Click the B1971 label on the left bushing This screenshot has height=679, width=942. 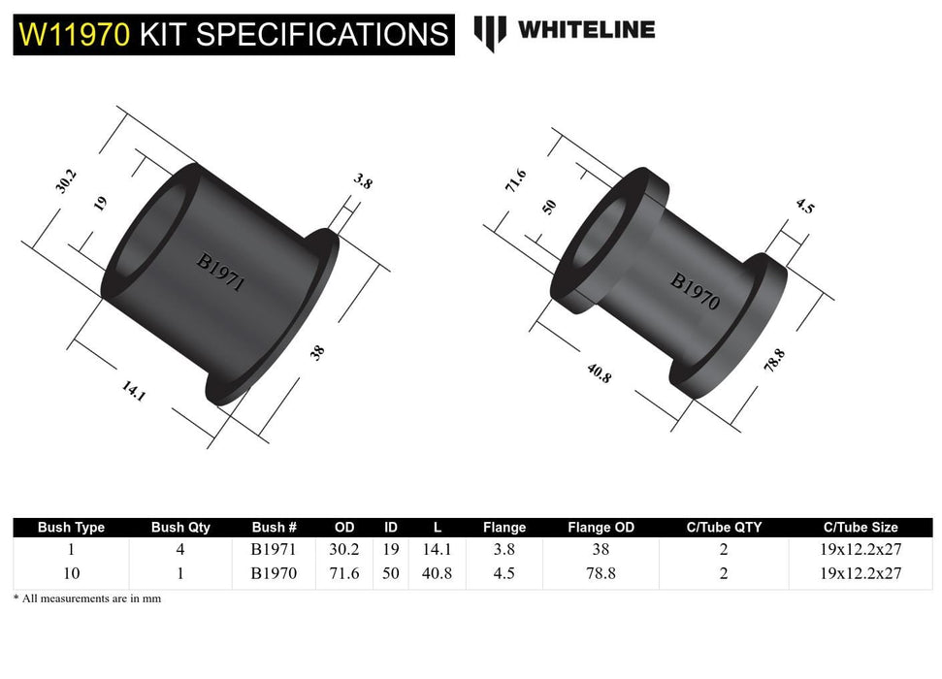pyautogui.click(x=219, y=273)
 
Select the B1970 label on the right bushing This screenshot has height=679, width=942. pyautogui.click(x=695, y=291)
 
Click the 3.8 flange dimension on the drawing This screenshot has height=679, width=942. pyautogui.click(x=363, y=180)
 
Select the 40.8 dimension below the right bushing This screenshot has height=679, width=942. pyautogui.click(x=598, y=372)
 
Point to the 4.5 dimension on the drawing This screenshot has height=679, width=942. pyautogui.click(x=804, y=207)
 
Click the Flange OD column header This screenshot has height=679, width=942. pyautogui.click(x=601, y=528)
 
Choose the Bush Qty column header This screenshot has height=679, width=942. pyautogui.click(x=180, y=528)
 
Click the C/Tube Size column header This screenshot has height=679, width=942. pyautogui.click(x=860, y=528)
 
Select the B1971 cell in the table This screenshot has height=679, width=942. pyautogui.click(x=274, y=549)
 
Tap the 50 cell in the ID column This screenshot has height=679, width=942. pyautogui.click(x=390, y=573)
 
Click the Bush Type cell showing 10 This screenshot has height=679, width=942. pyautogui.click(x=71, y=573)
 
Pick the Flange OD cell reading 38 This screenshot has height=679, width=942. pyautogui.click(x=601, y=549)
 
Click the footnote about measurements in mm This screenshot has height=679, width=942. pyautogui.click(x=87, y=598)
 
